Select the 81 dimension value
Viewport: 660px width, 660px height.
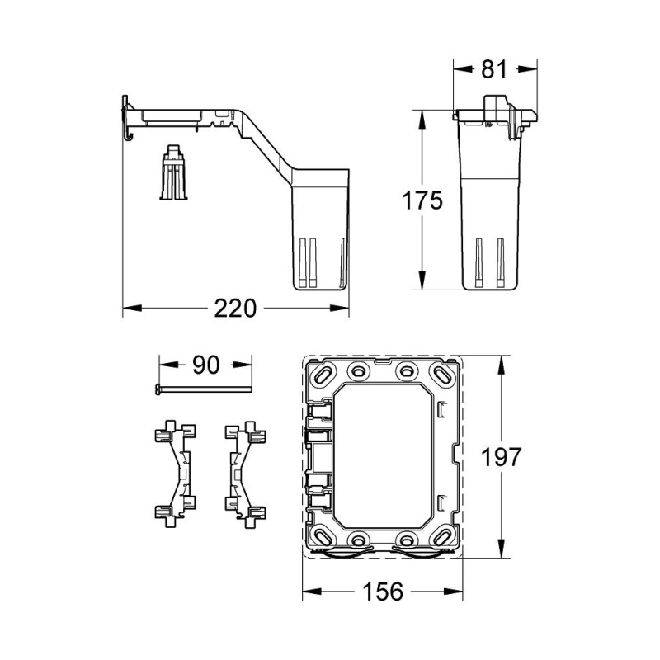click(493, 71)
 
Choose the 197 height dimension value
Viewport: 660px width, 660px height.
click(503, 455)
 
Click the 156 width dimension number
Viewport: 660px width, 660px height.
click(380, 592)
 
